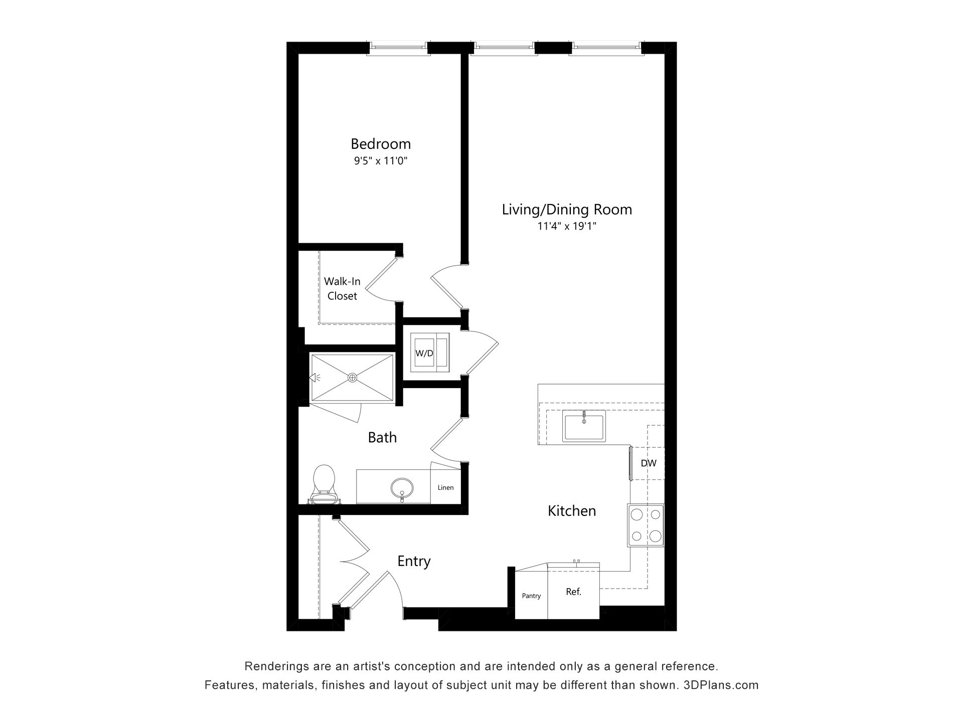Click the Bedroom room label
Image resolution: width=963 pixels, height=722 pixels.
381,144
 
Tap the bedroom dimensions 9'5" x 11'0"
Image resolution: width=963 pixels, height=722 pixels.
381,161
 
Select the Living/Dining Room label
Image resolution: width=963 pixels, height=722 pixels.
567,210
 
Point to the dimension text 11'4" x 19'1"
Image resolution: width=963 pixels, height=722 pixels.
567,226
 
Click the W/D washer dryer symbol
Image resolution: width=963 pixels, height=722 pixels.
430,352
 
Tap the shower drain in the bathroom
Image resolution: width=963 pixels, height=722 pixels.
353,377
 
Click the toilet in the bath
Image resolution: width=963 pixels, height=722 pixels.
324,483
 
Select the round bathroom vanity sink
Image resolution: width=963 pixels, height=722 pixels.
402,487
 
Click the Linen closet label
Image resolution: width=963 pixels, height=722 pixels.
445,487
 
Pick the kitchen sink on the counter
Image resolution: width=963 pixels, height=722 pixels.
584,426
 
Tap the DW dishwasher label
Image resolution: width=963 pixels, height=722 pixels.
649,463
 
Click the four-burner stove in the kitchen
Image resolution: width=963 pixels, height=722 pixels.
646,525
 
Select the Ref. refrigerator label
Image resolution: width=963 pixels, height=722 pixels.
573,592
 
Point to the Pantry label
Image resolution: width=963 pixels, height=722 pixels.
531,596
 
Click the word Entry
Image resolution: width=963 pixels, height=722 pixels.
414,561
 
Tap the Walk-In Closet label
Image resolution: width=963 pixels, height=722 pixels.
342,288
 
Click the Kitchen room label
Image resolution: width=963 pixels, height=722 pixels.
572,511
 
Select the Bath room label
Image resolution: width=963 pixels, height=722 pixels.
382,438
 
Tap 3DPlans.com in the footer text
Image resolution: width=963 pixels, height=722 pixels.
721,685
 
